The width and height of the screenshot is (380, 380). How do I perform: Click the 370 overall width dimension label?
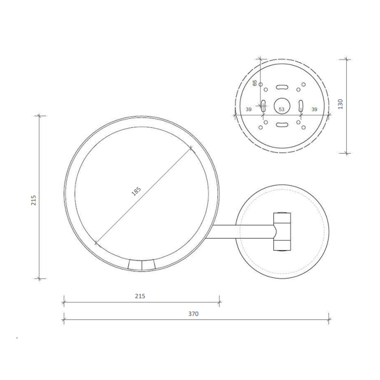point(193,314)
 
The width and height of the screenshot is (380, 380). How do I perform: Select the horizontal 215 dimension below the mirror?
point(140,296)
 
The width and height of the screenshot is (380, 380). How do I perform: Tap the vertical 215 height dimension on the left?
point(34,200)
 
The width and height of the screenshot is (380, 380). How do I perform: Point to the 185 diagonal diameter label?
point(136,192)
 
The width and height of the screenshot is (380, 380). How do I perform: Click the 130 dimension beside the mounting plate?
point(340,104)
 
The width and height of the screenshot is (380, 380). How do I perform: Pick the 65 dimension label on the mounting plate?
point(255,83)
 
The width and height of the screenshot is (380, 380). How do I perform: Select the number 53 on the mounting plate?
point(281,110)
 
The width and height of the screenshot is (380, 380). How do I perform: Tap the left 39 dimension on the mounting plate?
point(249,110)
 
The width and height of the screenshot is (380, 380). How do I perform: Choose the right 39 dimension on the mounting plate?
point(314,110)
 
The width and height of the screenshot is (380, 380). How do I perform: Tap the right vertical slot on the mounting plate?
point(301,105)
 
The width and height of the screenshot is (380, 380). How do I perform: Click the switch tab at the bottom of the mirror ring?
point(142,265)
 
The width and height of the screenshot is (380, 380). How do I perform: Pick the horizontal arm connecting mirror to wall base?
point(241,231)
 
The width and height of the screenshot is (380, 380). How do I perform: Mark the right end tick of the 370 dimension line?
point(329,319)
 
